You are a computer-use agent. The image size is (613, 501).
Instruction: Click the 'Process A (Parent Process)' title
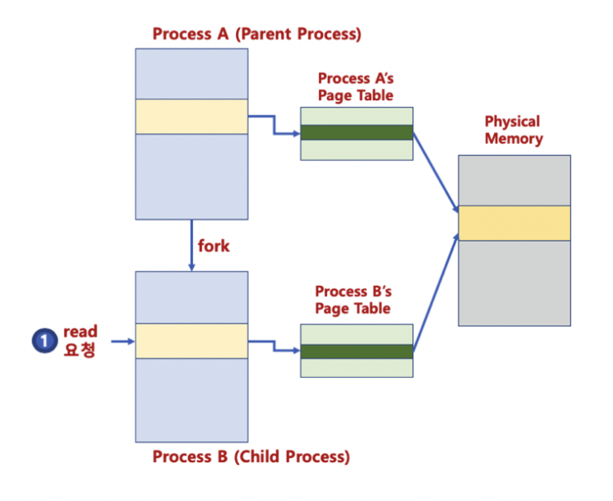pyautogui.click(x=256, y=34)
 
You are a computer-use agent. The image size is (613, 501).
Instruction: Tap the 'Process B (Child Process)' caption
pyautogui.click(x=251, y=457)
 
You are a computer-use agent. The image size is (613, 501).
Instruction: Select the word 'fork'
pyautogui.click(x=214, y=246)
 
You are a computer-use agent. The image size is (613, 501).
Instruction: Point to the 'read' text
pyautogui.click(x=80, y=332)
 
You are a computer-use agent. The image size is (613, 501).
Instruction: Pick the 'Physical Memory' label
pyautogui.click(x=514, y=130)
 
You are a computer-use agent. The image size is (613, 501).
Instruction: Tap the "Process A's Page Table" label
pyautogui.click(x=355, y=86)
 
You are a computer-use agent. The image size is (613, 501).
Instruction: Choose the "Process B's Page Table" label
pyautogui.click(x=353, y=300)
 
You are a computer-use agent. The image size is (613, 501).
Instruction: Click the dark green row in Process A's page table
pyautogui.click(x=356, y=132)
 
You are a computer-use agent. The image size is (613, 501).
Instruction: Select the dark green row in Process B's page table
pyautogui.click(x=356, y=351)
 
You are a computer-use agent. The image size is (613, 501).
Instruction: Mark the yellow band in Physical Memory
pyautogui.click(x=514, y=223)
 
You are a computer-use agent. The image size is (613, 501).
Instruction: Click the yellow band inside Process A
pyautogui.click(x=191, y=116)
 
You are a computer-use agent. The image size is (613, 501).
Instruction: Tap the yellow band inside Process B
pyautogui.click(x=191, y=341)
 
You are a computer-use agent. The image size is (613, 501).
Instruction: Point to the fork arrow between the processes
pyautogui.click(x=191, y=246)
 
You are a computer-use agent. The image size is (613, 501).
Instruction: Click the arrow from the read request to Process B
pyautogui.click(x=120, y=340)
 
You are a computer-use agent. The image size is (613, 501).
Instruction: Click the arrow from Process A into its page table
pyautogui.click(x=274, y=124)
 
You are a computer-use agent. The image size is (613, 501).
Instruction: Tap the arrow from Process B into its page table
pyautogui.click(x=274, y=346)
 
